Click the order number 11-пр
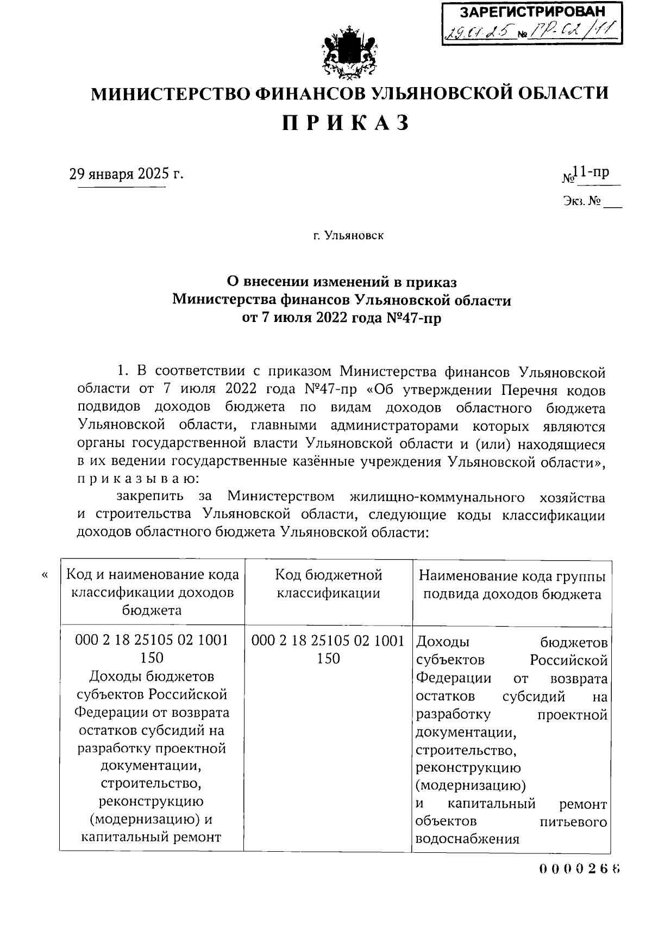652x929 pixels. point(593,172)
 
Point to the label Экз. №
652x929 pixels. point(582,202)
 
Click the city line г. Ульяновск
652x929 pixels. point(348,236)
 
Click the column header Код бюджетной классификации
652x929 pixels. point(328,584)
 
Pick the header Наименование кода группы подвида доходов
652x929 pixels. point(512,585)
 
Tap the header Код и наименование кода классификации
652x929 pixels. point(152,592)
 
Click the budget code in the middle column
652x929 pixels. point(328,649)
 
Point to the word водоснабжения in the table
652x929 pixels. point(467,839)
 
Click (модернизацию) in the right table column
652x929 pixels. point(471,786)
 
